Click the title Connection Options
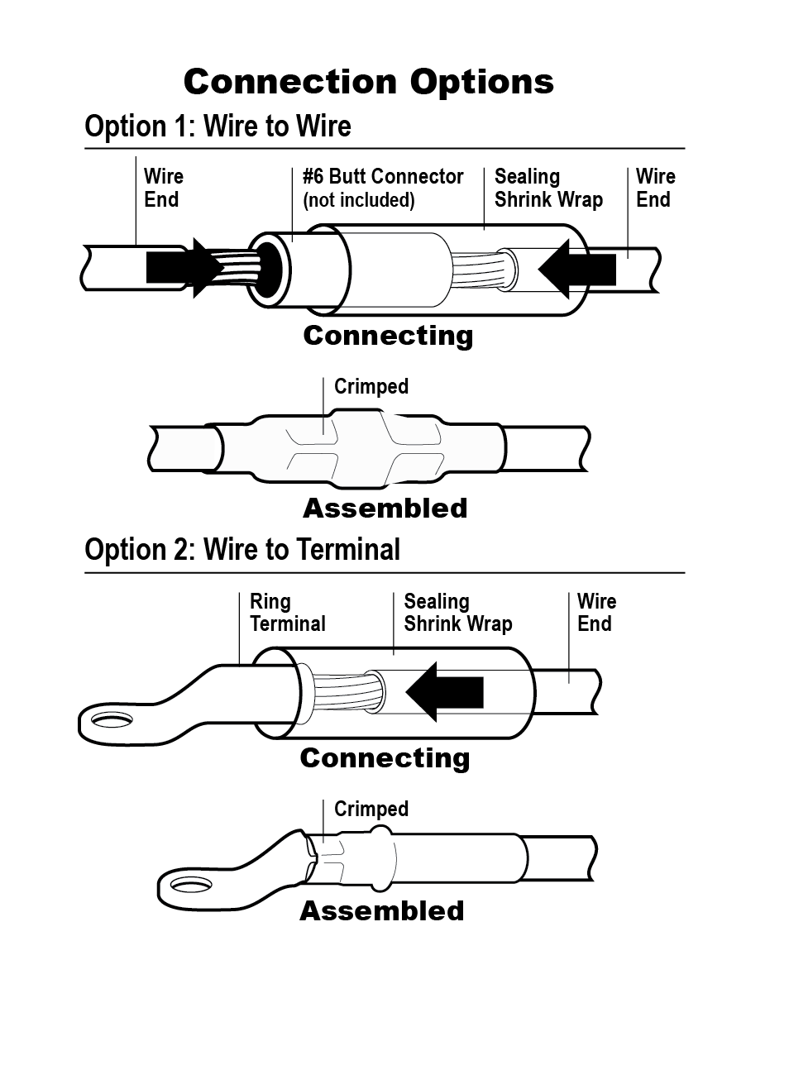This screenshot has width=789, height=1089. click(368, 82)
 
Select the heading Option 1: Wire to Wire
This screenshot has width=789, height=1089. click(218, 127)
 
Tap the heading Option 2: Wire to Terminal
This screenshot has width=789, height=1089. click(242, 550)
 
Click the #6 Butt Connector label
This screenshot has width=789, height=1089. click(383, 177)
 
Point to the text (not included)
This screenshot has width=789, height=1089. click(358, 200)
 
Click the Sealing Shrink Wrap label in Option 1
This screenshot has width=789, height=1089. click(548, 189)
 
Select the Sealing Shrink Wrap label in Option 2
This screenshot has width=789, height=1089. click(457, 613)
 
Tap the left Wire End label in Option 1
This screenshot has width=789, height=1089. click(163, 189)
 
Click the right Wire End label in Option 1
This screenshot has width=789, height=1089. click(655, 189)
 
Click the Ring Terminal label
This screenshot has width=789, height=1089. click(287, 613)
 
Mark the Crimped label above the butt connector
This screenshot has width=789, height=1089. click(371, 387)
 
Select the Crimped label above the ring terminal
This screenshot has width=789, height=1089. click(371, 809)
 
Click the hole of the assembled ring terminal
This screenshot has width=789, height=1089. click(192, 886)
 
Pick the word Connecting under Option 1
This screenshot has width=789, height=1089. click(388, 336)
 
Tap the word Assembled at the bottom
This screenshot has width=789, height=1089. click(381, 911)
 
